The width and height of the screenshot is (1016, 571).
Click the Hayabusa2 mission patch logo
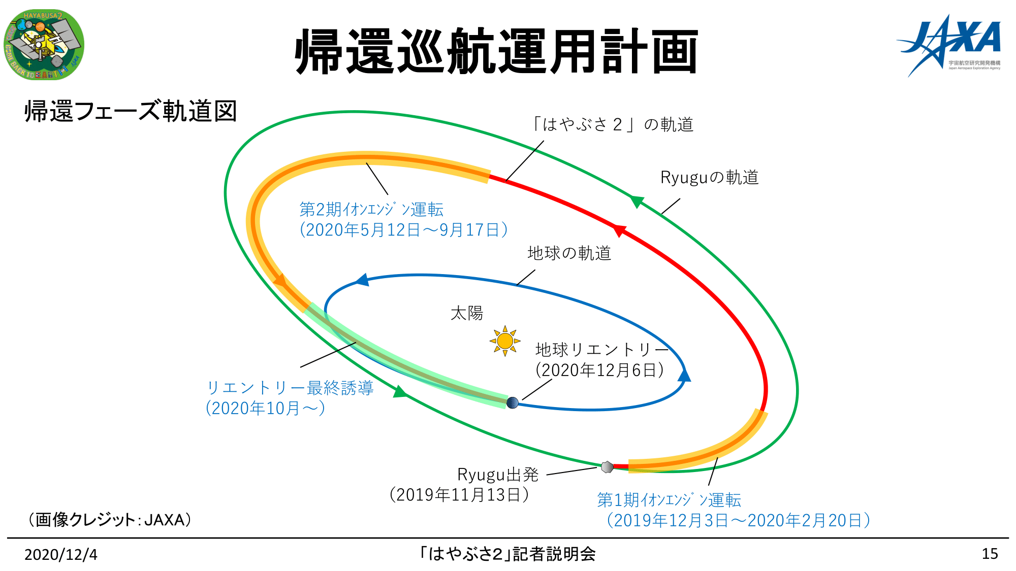click(x=44, y=45)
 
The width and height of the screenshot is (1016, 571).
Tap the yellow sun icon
click(x=505, y=341)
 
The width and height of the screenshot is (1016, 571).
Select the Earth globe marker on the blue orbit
click(x=513, y=402)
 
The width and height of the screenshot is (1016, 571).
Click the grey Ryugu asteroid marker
click(x=607, y=466)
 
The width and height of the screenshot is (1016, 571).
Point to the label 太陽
click(x=466, y=313)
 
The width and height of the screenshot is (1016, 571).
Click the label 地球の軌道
click(x=569, y=253)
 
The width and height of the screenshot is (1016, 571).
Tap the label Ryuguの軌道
click(x=709, y=177)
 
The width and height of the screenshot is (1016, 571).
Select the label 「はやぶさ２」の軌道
click(x=612, y=124)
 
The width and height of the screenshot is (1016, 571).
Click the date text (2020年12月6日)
click(x=599, y=370)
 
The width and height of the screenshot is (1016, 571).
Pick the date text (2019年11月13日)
click(x=459, y=494)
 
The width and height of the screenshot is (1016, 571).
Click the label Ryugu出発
click(x=498, y=475)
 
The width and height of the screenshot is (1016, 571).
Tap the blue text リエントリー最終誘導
click(x=290, y=388)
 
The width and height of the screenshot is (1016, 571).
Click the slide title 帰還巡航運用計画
click(x=496, y=51)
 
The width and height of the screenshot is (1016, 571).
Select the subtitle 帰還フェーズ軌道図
click(x=131, y=111)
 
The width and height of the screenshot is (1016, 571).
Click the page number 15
click(x=990, y=554)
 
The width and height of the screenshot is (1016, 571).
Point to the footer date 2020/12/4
click(x=61, y=554)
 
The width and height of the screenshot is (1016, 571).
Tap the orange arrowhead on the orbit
click(x=279, y=281)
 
